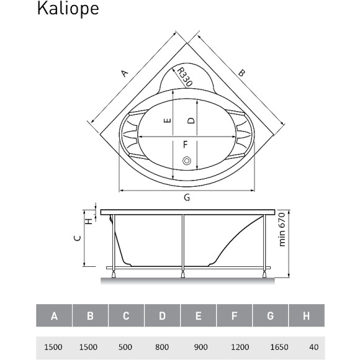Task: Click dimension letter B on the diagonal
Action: pos(242,73)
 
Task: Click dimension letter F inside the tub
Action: pos(185,145)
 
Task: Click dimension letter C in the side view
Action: pos(76,238)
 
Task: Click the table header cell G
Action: pos(271,317)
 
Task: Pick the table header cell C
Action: pos(126,317)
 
